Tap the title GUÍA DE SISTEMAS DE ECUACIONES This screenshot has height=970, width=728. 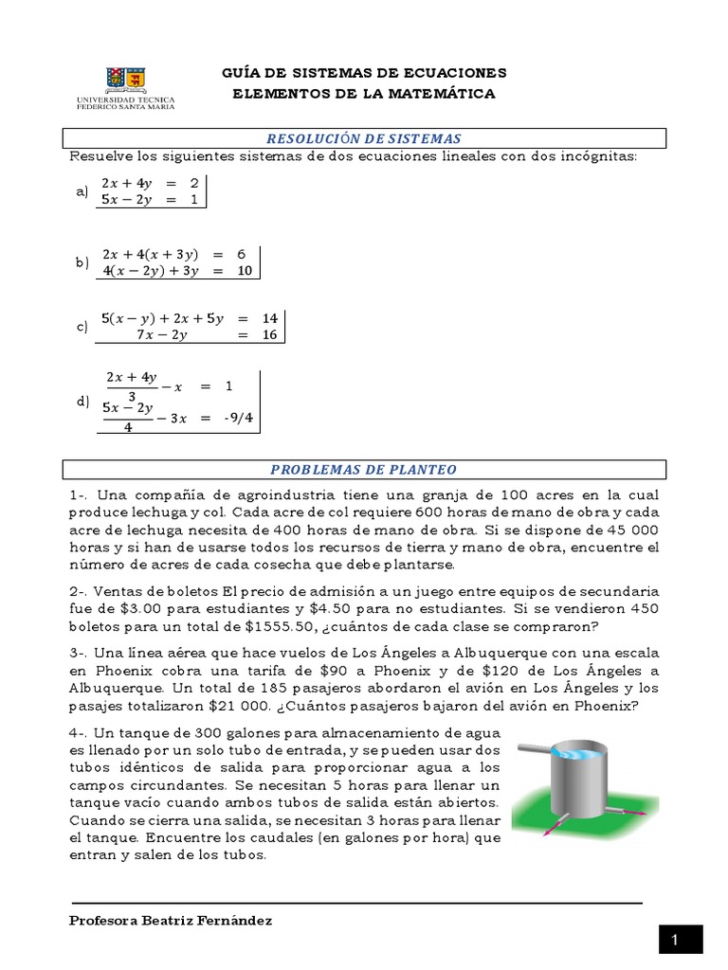[364, 73]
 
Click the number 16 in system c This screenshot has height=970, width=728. [269, 334]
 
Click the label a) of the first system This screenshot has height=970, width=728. [82, 191]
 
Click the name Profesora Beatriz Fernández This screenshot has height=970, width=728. [171, 921]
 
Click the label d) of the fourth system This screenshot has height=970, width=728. [82, 402]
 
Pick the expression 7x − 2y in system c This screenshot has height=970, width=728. [161, 334]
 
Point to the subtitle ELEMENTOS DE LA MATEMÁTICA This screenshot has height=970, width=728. [364, 94]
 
